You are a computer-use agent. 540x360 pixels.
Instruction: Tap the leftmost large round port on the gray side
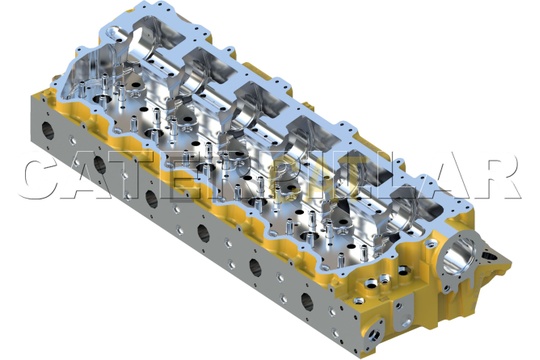click(x=48, y=130)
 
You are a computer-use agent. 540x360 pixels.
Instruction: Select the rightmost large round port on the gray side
click(x=307, y=301)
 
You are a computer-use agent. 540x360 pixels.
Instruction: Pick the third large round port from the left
click(x=152, y=198)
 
